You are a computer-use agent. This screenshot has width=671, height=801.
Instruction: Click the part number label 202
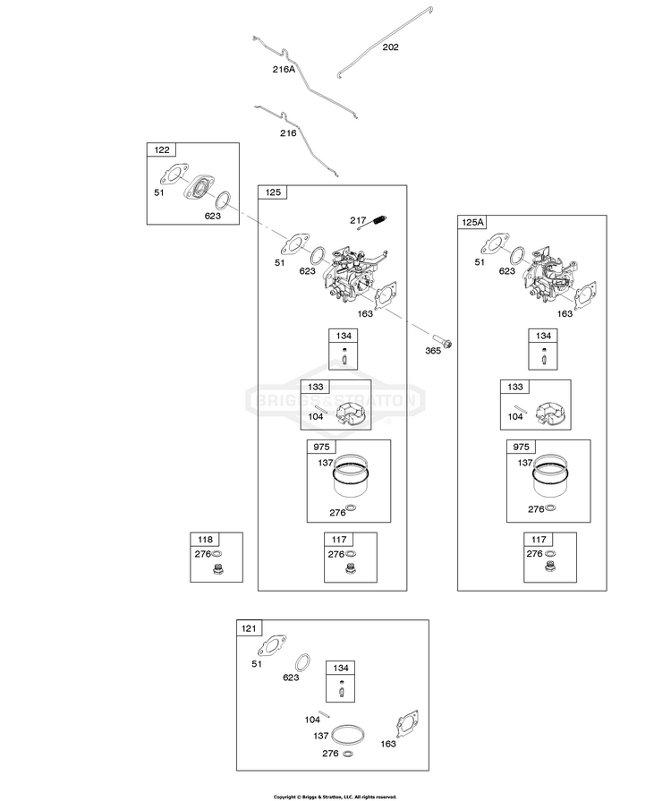[391, 47]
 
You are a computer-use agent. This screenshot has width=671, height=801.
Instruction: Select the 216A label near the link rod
[284, 70]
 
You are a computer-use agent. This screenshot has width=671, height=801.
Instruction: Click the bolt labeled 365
[442, 341]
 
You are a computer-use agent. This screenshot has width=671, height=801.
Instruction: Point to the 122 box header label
[162, 149]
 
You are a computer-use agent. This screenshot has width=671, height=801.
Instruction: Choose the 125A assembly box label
[472, 222]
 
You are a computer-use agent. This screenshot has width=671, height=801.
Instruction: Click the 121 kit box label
[249, 628]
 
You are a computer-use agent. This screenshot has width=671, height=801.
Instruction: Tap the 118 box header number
[205, 540]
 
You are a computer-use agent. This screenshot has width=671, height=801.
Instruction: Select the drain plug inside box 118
[219, 568]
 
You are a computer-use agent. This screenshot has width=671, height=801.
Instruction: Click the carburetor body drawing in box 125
[353, 276]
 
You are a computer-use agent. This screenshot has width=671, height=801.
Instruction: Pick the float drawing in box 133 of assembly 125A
[549, 413]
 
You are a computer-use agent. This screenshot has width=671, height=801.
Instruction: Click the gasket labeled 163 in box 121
[407, 725]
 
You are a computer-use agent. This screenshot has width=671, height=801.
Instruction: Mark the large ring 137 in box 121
[348, 736]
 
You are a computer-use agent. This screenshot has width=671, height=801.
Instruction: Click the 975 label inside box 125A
[521, 447]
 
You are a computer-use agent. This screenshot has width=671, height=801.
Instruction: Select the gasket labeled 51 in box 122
[174, 175]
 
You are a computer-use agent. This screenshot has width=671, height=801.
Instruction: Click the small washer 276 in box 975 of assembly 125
[352, 509]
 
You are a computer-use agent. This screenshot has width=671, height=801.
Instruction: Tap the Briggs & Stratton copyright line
[335, 797]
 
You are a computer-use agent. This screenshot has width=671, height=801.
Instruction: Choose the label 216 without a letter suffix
[288, 133]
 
